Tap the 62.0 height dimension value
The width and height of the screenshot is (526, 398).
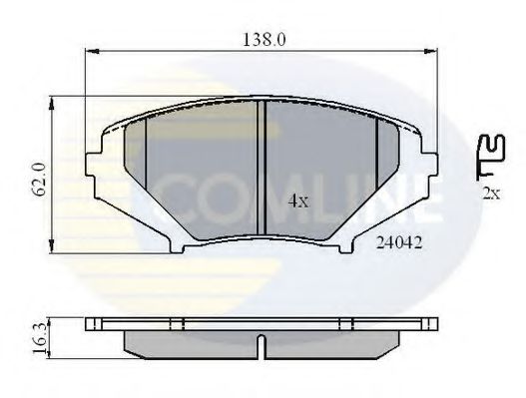(37, 175)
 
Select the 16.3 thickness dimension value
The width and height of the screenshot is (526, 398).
(37, 336)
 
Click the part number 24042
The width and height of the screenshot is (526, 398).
(396, 240)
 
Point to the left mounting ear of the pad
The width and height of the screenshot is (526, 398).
(97, 165)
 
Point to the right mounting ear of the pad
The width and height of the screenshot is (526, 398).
(426, 165)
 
